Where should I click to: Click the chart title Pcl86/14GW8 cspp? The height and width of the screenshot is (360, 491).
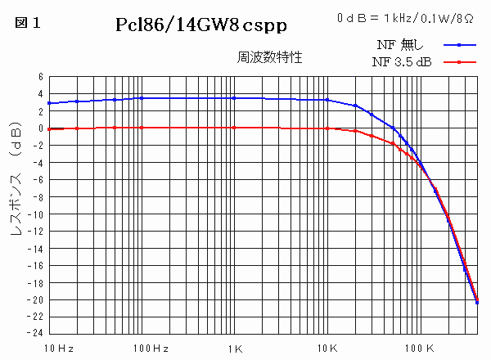click(x=201, y=25)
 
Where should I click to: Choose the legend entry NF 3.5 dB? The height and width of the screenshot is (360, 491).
click(x=402, y=61)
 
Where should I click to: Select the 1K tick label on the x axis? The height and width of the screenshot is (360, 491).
click(x=235, y=349)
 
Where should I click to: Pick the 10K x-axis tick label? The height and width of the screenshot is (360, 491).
click(x=327, y=349)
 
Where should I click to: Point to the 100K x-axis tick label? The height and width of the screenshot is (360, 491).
click(x=419, y=349)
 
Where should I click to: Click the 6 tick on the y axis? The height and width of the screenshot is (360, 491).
click(x=40, y=77)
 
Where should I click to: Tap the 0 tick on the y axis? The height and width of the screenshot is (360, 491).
click(x=40, y=128)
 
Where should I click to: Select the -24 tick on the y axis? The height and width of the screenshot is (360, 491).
click(x=36, y=334)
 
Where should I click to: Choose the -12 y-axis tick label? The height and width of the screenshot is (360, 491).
click(x=36, y=232)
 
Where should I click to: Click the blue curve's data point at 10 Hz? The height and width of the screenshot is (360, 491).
click(x=50, y=103)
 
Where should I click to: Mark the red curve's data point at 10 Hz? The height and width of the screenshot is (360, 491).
click(x=50, y=128)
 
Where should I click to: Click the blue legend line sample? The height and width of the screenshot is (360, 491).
click(x=461, y=45)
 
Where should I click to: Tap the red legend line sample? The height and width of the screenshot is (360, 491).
click(x=461, y=61)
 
